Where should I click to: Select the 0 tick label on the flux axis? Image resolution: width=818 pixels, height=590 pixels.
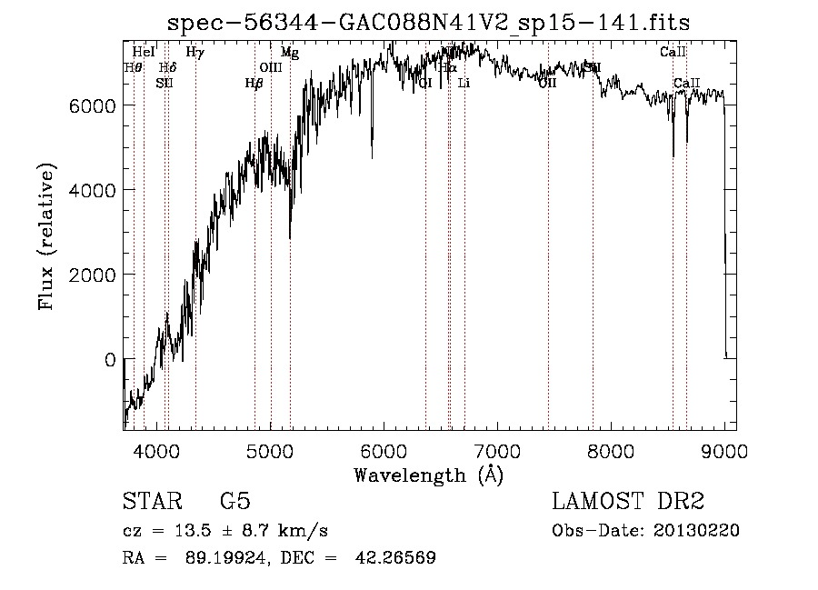108,360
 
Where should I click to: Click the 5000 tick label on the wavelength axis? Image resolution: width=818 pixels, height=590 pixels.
270,450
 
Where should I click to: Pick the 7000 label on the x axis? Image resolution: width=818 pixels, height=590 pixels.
497,450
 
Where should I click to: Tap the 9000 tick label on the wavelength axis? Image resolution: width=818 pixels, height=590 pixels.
724,450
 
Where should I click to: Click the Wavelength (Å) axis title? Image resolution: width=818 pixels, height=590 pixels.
428,475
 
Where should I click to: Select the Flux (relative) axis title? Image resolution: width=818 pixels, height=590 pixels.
47,235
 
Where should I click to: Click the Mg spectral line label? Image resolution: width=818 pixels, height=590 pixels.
289,53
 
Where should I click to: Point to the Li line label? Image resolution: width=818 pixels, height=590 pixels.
464,84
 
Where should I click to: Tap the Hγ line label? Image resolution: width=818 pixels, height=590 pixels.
195,53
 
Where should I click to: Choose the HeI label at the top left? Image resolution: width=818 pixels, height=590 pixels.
144,53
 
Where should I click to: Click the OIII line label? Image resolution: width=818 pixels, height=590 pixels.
271,67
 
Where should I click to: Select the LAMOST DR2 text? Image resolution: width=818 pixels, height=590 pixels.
628,503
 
